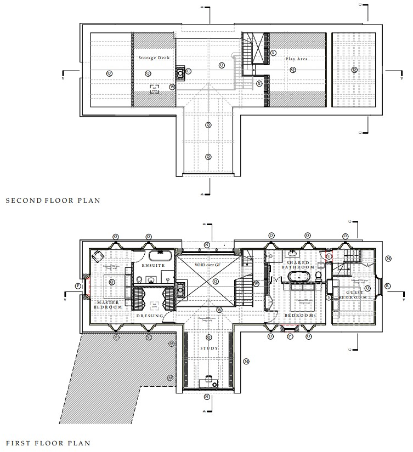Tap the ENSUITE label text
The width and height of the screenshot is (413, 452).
click(153, 266)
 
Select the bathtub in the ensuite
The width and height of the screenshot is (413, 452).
click(160, 256)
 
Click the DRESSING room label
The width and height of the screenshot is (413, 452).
click(150, 316)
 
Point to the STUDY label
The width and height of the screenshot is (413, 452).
click(209, 348)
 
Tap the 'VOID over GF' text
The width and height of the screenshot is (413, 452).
click(207, 265)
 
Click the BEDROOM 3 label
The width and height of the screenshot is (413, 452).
click(299, 316)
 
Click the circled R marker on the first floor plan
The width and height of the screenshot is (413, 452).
click(388, 285)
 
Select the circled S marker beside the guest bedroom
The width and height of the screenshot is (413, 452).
click(329, 297)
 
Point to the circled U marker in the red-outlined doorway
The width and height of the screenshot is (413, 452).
click(330, 256)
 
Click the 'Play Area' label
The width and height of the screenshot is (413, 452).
click(295, 58)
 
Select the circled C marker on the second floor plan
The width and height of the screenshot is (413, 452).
click(188, 71)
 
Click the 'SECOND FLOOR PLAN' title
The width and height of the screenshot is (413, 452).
click(53, 201)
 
